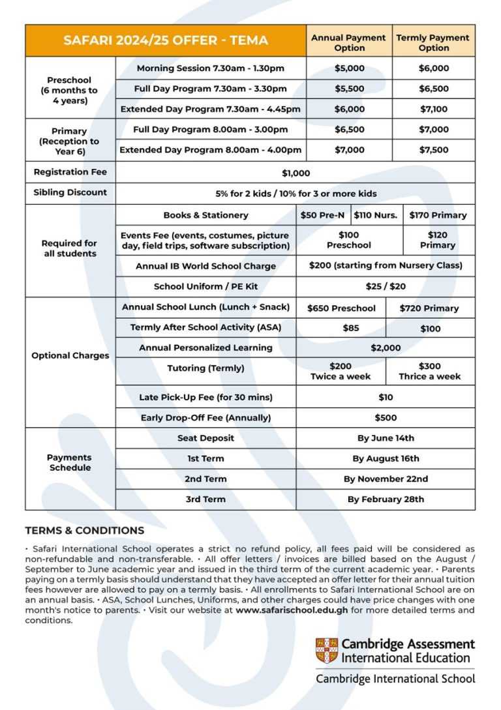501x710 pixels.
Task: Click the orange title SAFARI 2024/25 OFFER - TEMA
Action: (166, 40)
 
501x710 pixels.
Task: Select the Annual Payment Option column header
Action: (349, 42)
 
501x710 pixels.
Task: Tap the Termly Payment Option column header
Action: (434, 42)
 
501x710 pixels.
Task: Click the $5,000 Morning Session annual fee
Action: (349, 68)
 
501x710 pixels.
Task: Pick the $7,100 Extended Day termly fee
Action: (434, 109)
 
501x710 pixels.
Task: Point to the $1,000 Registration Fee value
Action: (296, 173)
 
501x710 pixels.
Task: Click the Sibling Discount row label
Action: (70, 193)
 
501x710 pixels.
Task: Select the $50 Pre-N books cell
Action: (323, 215)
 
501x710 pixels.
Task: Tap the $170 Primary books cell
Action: (438, 215)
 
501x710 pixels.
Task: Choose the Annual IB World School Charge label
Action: (205, 266)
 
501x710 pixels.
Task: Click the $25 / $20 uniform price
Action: (386, 286)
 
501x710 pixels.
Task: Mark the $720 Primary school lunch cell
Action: (429, 308)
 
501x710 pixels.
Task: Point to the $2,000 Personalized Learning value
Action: (386, 348)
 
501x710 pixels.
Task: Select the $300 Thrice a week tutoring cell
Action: (429, 371)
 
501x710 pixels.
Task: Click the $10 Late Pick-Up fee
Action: (386, 397)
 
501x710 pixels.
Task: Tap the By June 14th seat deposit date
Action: (386, 438)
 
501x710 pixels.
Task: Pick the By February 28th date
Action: (386, 499)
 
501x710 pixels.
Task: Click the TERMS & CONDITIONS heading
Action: (85, 531)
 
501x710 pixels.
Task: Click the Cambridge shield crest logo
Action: (327, 651)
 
